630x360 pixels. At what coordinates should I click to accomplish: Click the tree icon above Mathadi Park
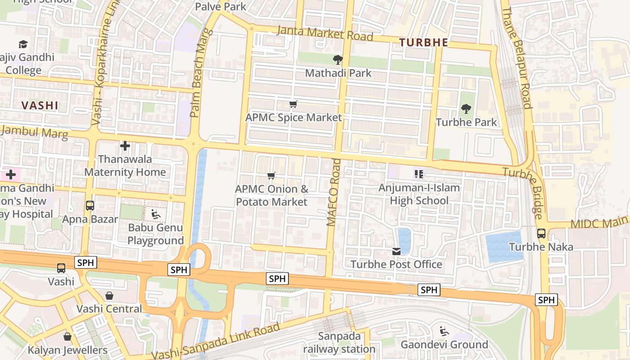[x=337, y=59]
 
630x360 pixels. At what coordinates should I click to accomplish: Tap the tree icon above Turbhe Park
[x=466, y=108]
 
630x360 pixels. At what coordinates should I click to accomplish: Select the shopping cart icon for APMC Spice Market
[x=293, y=104]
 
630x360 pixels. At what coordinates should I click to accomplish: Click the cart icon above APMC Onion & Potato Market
[x=271, y=175]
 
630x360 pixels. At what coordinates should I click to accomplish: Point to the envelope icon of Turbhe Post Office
[x=396, y=251]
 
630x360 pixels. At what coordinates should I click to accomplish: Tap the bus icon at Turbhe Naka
[x=541, y=234]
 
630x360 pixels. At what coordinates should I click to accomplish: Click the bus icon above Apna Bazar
[x=90, y=206]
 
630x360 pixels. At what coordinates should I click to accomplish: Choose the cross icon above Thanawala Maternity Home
[x=125, y=146]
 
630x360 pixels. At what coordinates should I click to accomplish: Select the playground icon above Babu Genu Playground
[x=155, y=214]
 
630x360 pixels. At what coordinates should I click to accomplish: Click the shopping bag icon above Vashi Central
[x=109, y=296]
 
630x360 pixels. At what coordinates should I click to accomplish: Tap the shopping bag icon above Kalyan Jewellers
[x=67, y=337]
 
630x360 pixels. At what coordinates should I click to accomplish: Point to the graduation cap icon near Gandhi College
[x=23, y=44]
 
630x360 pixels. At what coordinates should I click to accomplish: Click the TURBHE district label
[x=423, y=43]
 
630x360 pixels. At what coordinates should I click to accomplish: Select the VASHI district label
[x=40, y=106]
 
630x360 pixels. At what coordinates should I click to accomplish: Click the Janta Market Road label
[x=325, y=33]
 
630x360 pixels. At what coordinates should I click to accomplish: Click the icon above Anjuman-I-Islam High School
[x=419, y=174]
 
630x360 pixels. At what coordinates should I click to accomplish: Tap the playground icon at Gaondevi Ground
[x=444, y=332]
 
